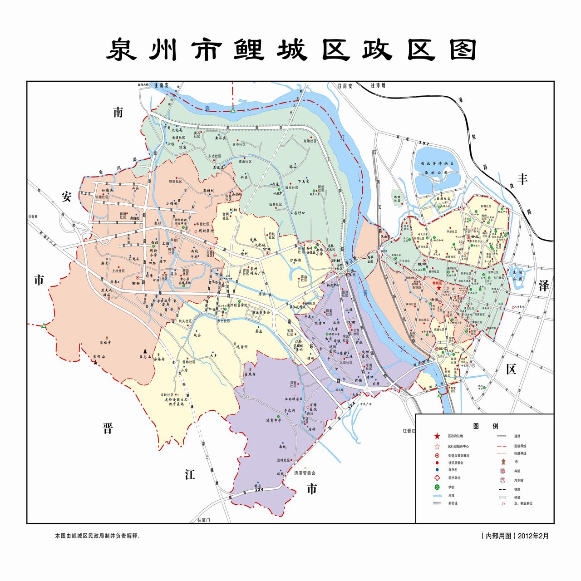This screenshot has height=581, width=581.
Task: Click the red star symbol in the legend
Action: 437,436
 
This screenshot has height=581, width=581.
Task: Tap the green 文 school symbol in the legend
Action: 437,487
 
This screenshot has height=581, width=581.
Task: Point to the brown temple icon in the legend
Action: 503,462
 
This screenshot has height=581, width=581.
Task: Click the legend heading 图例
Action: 485,426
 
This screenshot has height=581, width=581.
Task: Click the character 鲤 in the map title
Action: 249,50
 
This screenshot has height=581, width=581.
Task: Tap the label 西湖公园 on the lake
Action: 436,173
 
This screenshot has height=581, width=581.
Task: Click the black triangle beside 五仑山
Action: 145,351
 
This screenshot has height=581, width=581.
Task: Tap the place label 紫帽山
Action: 99,357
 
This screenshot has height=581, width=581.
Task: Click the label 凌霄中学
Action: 274,420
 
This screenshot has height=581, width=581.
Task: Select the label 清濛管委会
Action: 305,473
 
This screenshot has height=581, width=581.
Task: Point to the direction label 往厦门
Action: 204,519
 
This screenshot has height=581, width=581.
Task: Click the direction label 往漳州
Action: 378,85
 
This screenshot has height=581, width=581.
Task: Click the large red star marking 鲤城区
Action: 438,288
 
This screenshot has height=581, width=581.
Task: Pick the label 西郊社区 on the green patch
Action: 397,198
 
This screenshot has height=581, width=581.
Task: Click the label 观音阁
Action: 241,346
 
